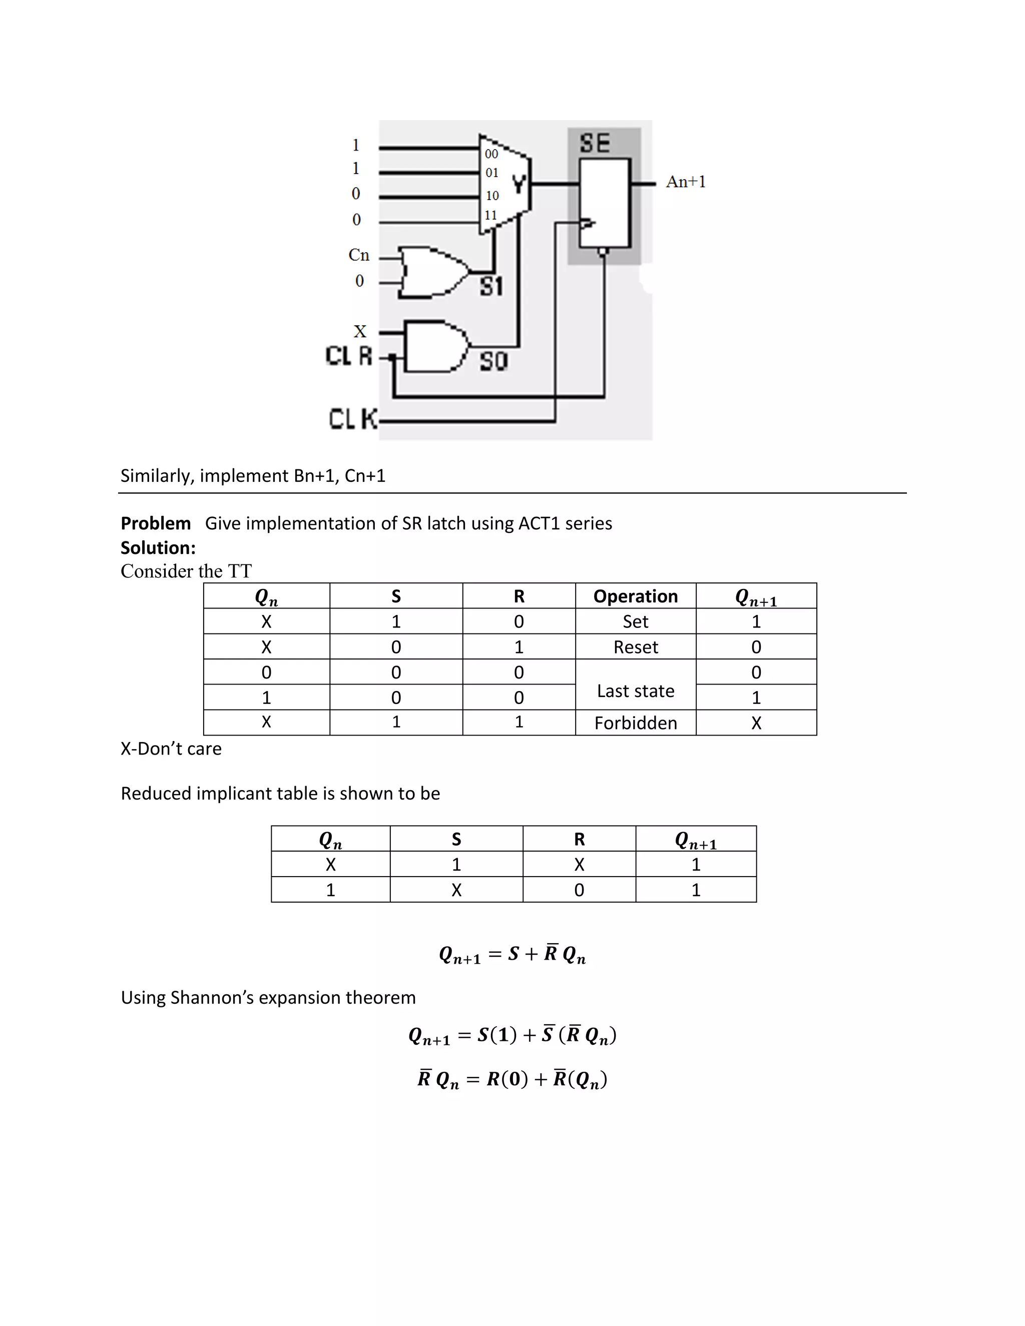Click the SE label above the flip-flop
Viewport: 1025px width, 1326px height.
tap(595, 143)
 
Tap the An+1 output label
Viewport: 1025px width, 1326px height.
tap(686, 182)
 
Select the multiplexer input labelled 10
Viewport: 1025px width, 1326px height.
tap(492, 196)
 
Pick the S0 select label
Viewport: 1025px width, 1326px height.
tap(493, 361)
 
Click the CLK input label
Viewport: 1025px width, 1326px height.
tap(352, 419)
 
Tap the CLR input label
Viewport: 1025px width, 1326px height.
tap(348, 356)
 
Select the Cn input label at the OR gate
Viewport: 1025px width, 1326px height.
tap(359, 255)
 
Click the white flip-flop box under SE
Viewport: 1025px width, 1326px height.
tap(604, 203)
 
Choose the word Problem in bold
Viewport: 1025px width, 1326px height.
tap(156, 523)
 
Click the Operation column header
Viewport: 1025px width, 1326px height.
tap(635, 596)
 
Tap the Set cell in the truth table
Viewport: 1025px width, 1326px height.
tap(635, 621)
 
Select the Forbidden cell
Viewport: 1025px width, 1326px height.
tap(635, 723)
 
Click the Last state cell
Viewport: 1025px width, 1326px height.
tap(635, 691)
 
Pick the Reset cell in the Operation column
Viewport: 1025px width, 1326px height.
tap(635, 647)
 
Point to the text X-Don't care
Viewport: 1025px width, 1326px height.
tap(171, 749)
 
